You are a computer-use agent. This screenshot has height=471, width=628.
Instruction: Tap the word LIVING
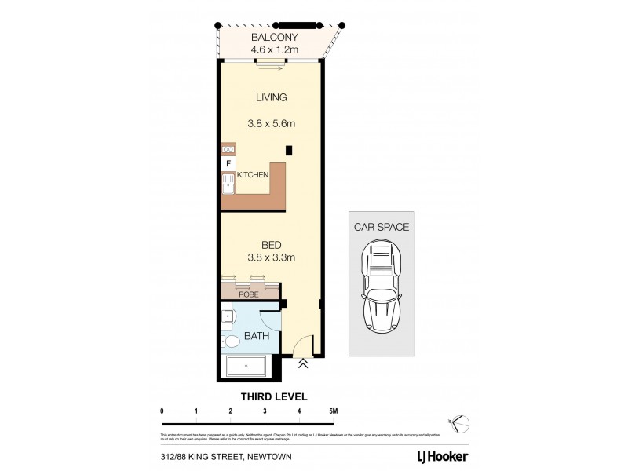pos(272,98)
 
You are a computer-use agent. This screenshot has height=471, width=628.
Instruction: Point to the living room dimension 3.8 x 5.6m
pos(272,123)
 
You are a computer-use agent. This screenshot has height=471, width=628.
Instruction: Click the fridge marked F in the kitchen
pos(228,163)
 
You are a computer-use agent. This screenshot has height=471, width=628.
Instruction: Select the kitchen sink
pos(228,184)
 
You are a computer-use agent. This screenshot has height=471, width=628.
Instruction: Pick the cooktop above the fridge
pos(228,149)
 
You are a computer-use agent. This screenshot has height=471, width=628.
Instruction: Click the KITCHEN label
pos(253,175)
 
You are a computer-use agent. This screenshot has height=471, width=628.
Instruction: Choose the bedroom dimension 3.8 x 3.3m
pos(272,257)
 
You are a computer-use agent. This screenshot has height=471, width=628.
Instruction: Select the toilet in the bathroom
pos(230,341)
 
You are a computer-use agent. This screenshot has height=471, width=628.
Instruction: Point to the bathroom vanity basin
pos(228,317)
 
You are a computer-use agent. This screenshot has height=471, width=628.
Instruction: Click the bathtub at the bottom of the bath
pos(246,367)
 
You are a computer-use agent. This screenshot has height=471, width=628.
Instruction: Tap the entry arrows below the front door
pos(304,363)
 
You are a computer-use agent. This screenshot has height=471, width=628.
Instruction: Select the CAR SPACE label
pos(382,226)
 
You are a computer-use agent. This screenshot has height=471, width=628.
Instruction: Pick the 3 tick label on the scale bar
pos(265,411)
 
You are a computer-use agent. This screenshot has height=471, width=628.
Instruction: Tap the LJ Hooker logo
pos(442,455)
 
